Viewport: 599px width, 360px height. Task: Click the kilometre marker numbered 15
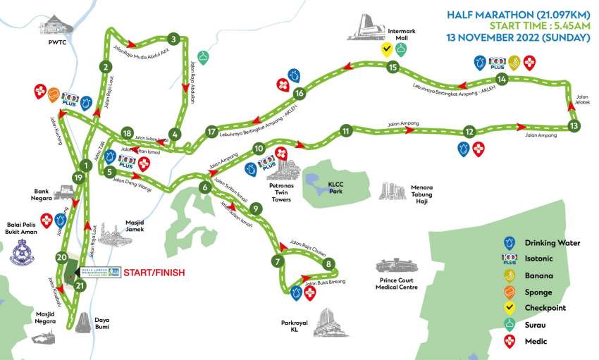click(393, 68)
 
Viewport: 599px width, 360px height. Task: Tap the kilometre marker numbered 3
click(173, 39)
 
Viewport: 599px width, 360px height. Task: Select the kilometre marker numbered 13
click(574, 126)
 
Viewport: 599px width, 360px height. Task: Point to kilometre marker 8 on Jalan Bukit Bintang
click(328, 264)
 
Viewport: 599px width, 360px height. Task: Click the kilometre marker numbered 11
click(345, 130)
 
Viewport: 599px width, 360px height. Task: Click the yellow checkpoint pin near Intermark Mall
click(386, 49)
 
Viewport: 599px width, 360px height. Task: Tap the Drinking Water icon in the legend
click(507, 243)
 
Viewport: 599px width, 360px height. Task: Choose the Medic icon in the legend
click(507, 341)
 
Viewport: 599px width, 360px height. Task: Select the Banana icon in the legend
click(507, 275)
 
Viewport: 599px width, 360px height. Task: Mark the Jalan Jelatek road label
click(581, 99)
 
